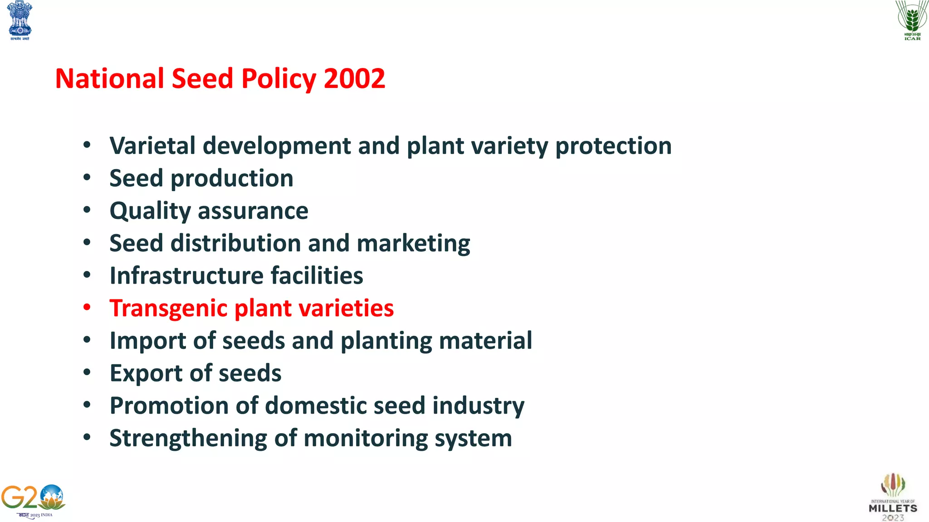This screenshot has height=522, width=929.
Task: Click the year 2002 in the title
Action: (354, 79)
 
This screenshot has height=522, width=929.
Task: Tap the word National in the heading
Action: (109, 79)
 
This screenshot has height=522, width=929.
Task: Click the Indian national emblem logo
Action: (20, 20)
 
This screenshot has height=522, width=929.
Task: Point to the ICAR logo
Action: (912, 20)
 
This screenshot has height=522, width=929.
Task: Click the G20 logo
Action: (33, 501)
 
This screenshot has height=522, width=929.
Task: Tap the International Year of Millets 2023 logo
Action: (893, 497)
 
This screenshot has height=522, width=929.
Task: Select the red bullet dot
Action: (87, 308)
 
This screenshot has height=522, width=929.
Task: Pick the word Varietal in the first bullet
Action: (152, 146)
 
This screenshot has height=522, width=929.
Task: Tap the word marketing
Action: (413, 244)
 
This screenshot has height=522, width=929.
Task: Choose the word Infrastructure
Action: (186, 276)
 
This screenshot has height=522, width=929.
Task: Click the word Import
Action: (147, 341)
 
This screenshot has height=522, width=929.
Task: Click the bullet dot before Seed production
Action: (87, 178)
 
